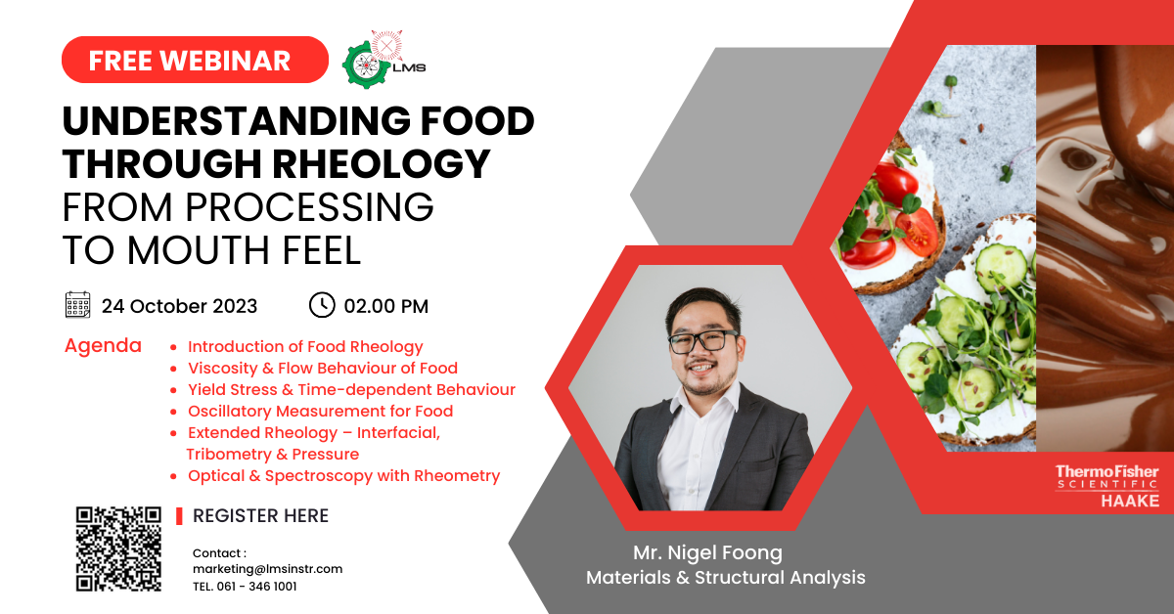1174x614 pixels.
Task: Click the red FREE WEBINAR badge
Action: click(195, 60)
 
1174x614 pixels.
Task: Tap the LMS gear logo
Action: click(384, 60)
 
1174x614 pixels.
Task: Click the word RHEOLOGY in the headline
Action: click(381, 164)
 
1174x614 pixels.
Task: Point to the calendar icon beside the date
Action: click(77, 305)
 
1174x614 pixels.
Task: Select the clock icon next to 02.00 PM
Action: click(322, 305)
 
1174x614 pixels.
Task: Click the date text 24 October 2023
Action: click(179, 306)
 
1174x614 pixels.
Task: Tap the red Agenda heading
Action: click(103, 346)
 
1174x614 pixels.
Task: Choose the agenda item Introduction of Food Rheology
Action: click(305, 347)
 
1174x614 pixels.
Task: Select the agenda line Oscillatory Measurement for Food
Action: click(320, 412)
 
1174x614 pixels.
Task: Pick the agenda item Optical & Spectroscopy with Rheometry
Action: click(343, 476)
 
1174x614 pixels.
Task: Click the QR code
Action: click(118, 549)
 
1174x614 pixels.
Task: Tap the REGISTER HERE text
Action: click(260, 516)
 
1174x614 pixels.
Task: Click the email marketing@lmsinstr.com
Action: click(267, 569)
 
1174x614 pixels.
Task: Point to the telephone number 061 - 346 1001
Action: click(256, 587)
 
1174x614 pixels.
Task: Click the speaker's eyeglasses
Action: click(703, 341)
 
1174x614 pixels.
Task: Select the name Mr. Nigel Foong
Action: click(707, 552)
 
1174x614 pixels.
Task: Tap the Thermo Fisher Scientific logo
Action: click(1106, 477)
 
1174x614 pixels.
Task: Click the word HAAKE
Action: click(1130, 502)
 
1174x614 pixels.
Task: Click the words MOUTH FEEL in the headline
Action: click(244, 250)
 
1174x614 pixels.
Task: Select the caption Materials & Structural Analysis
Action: click(725, 577)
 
